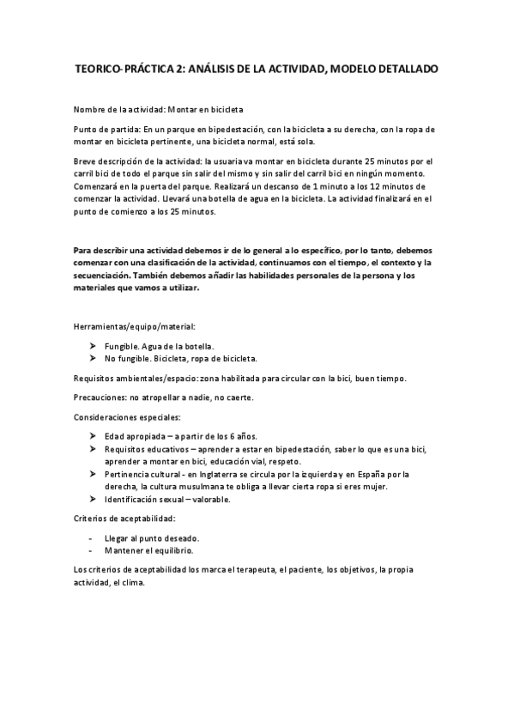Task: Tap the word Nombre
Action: click(92, 109)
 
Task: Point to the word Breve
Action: click(88, 161)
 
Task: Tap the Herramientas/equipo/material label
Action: click(135, 327)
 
